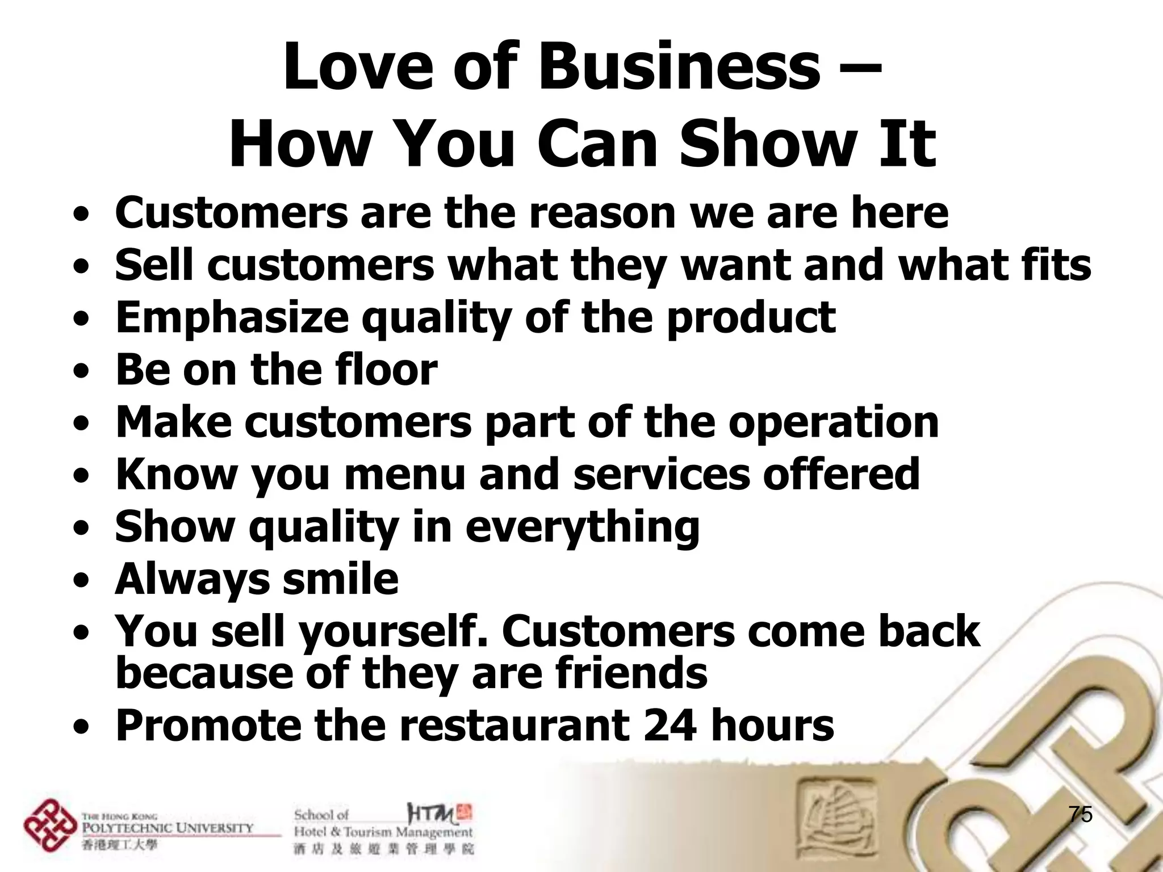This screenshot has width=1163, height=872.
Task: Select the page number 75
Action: (x=1080, y=814)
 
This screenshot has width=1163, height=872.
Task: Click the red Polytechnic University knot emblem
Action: (x=50, y=825)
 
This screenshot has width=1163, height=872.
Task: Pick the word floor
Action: (x=386, y=370)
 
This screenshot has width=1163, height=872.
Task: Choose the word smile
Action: (x=340, y=579)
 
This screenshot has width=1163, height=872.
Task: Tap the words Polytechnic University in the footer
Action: (x=168, y=828)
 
